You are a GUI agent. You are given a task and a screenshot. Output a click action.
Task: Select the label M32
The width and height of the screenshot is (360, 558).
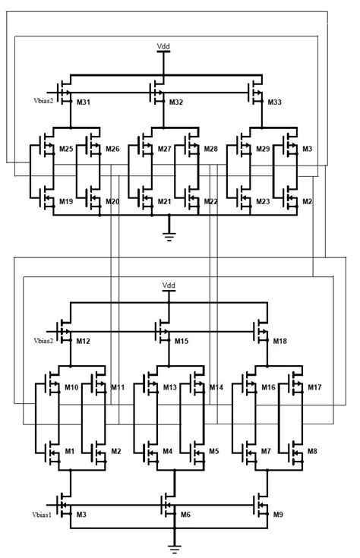(176, 102)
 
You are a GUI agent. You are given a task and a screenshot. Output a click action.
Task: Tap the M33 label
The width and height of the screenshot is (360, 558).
(274, 102)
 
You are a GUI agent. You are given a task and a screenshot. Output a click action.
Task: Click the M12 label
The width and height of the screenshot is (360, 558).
(84, 342)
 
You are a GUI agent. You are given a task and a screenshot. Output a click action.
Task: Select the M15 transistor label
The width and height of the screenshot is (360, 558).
(182, 342)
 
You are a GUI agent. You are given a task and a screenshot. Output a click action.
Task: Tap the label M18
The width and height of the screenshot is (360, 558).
(280, 342)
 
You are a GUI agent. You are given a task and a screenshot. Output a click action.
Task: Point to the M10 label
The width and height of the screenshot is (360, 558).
(71, 388)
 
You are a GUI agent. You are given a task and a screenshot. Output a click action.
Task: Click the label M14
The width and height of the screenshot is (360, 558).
(216, 388)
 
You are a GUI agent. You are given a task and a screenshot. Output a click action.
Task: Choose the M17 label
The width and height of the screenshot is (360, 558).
(314, 388)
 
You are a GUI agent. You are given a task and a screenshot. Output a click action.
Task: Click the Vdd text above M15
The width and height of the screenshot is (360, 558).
(169, 286)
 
